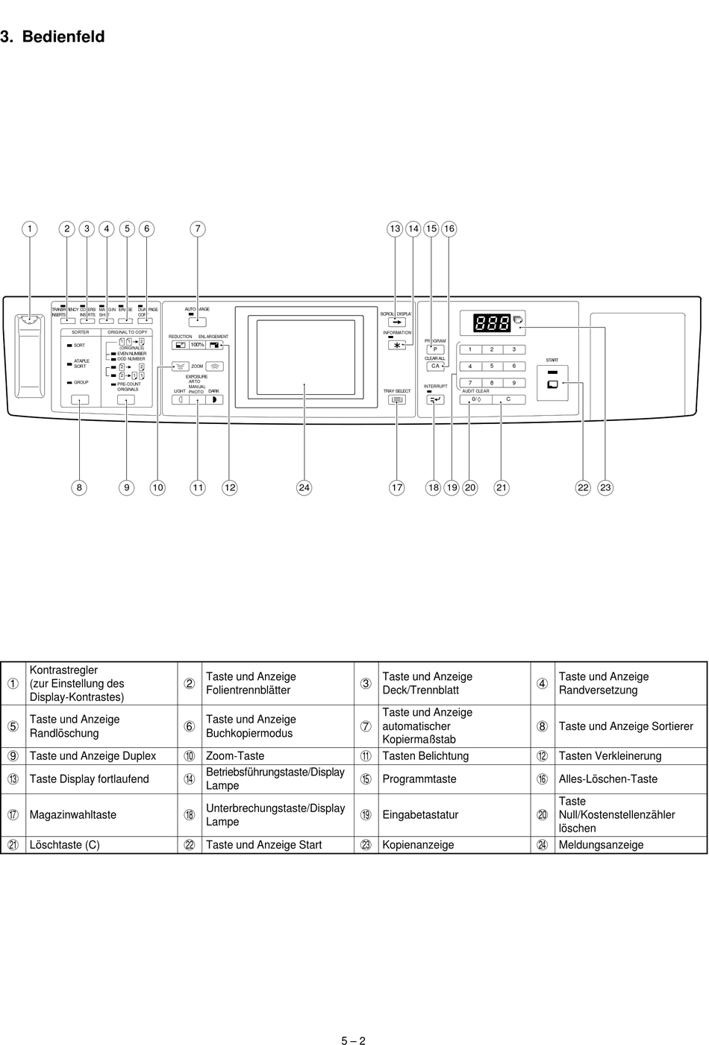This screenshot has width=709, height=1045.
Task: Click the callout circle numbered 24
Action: point(304,487)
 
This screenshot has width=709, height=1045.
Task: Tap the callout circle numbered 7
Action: point(197,229)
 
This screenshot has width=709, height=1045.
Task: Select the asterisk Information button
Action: point(397,345)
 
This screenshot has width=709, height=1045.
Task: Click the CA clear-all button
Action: point(435,366)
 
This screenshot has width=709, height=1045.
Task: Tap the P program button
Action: point(435,349)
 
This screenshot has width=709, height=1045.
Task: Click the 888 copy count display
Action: point(492,323)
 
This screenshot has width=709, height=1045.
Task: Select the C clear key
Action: point(508,399)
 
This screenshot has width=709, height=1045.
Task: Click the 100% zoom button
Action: point(197,345)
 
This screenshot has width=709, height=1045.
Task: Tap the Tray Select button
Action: point(397,399)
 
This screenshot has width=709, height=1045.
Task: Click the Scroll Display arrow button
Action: point(397,322)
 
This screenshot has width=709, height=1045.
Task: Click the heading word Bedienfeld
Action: point(63,37)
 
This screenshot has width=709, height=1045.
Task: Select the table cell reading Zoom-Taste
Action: point(235,756)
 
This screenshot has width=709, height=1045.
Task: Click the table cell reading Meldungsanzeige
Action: point(601,845)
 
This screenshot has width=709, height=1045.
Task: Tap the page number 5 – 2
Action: point(354,1040)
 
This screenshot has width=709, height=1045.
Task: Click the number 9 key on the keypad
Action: point(513,383)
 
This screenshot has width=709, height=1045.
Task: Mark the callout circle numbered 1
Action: point(29,229)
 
